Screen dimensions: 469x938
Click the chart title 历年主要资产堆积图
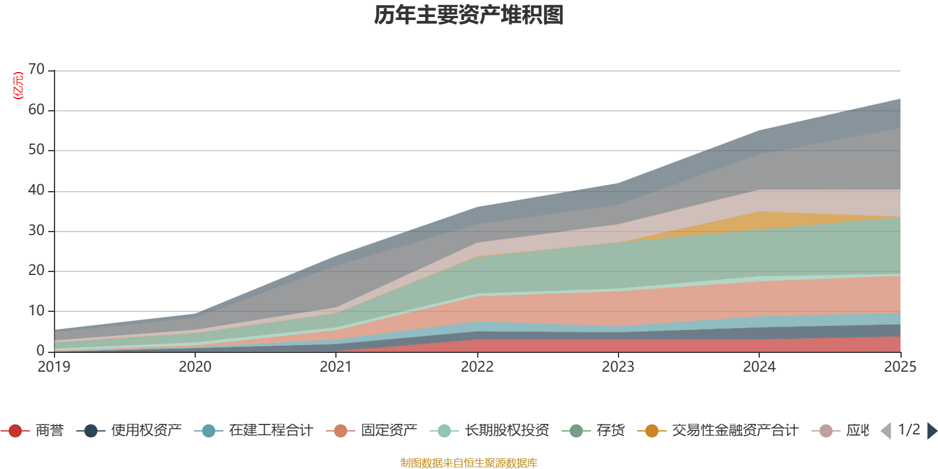tap(469, 15)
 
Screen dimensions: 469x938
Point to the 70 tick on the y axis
tap(36, 69)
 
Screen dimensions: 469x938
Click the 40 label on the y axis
tap(36, 190)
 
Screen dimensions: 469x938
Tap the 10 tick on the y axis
tap(36, 311)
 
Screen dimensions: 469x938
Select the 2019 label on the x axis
tap(54, 367)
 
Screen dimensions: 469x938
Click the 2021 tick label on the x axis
tap(336, 367)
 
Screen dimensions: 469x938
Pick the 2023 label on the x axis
tap(618, 367)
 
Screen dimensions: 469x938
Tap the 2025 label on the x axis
tap(899, 367)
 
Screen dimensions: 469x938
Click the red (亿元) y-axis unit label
tap(18, 86)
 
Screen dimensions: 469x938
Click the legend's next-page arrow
tap(932, 431)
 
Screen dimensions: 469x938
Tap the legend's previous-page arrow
tap(886, 431)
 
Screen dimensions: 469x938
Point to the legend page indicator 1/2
tap(909, 430)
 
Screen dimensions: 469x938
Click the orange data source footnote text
tap(468, 463)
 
